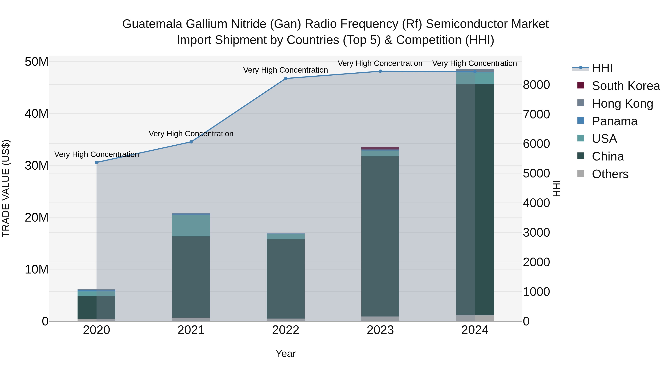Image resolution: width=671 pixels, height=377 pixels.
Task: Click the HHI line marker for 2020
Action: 96,162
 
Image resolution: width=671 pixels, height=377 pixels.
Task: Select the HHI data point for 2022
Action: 286,78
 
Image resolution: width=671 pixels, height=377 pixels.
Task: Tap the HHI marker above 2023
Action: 380,71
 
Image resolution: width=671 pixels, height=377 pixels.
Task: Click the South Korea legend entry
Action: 626,86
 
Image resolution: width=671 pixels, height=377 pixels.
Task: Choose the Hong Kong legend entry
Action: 622,104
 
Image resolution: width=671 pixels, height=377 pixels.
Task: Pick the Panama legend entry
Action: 615,121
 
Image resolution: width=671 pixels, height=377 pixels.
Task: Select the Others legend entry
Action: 610,174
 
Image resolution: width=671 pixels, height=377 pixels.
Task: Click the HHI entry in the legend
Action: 602,68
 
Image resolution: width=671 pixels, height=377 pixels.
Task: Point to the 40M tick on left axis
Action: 37,114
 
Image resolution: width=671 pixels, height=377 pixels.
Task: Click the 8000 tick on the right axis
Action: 536,85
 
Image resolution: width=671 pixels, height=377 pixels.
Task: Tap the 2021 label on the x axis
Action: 191,330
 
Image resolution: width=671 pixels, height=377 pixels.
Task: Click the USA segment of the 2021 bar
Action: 191,225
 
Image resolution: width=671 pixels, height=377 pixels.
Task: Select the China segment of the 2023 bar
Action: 380,236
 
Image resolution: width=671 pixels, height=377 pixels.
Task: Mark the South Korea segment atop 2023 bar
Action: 380,148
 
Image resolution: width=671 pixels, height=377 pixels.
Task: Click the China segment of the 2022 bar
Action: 286,278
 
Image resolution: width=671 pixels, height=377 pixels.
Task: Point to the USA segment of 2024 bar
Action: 475,78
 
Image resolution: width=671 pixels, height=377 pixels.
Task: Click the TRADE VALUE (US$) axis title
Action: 6,188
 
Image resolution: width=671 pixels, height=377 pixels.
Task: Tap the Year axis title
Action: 286,354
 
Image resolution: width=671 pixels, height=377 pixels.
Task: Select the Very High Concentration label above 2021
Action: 191,134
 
